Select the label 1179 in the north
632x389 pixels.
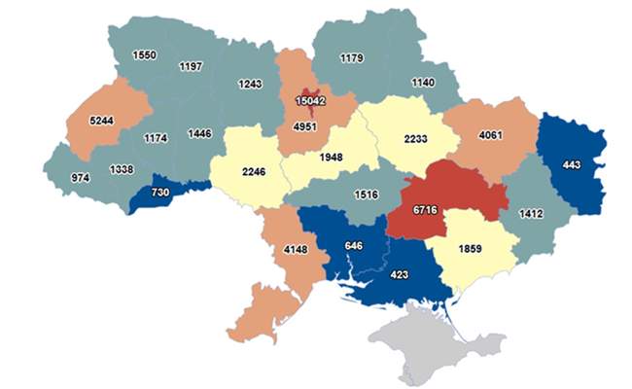coord(351,59)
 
